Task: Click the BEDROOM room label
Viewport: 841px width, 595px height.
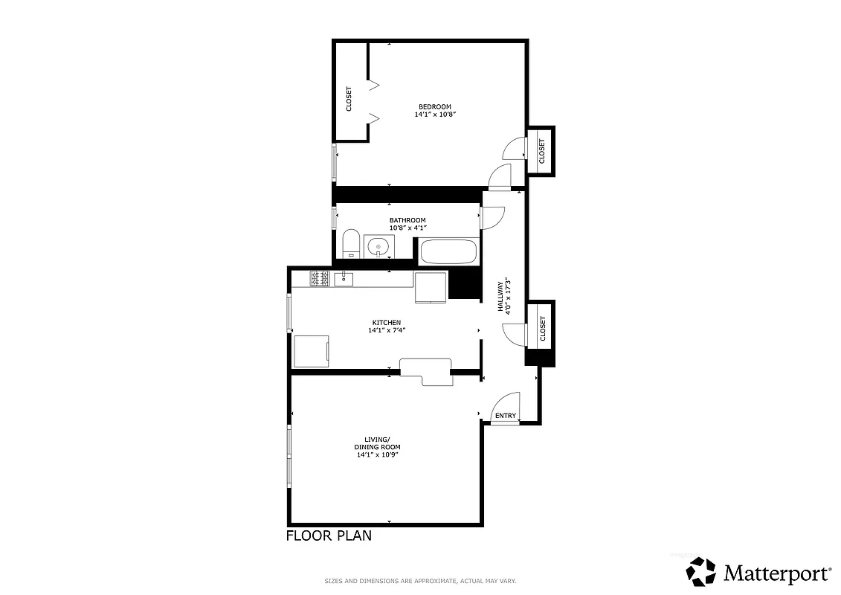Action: click(x=434, y=106)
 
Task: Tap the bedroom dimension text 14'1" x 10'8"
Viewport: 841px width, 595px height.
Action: click(x=434, y=115)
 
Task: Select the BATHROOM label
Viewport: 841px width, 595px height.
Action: click(x=407, y=220)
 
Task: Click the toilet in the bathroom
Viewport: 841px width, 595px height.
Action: click(x=351, y=243)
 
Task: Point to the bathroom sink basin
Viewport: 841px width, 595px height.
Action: click(x=378, y=246)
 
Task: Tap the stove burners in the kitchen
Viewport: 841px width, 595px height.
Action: click(x=320, y=279)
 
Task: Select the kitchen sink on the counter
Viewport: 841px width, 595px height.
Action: click(x=344, y=279)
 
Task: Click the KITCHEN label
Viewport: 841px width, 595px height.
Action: click(x=387, y=323)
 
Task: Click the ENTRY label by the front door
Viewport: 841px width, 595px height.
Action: click(x=506, y=416)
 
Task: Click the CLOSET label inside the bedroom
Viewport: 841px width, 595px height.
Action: click(x=349, y=99)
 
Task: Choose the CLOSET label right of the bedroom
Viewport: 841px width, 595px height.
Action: click(x=541, y=151)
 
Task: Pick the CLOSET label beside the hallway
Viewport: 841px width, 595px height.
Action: click(x=542, y=328)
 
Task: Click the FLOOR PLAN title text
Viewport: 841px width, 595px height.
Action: click(x=329, y=535)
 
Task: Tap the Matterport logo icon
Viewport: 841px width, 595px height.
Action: click(x=700, y=572)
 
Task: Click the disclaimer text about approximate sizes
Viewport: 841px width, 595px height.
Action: click(x=420, y=581)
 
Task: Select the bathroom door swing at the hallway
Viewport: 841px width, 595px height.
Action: click(x=492, y=217)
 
